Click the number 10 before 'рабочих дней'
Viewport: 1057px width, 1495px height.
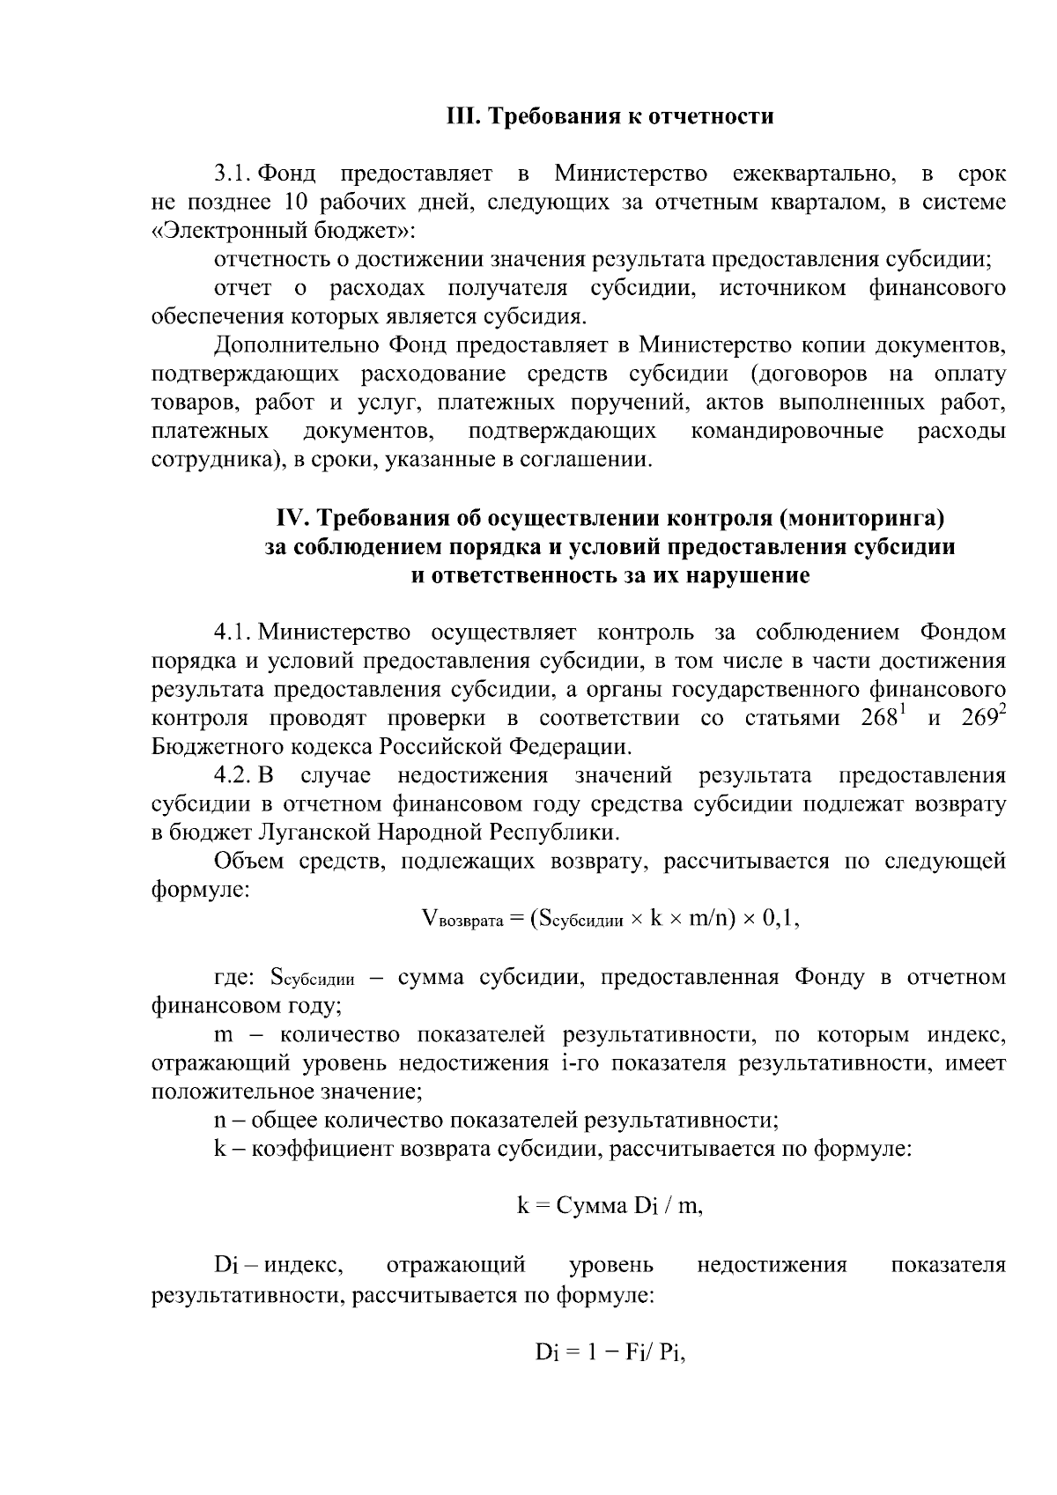292,203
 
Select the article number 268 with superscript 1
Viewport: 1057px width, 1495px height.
882,716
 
